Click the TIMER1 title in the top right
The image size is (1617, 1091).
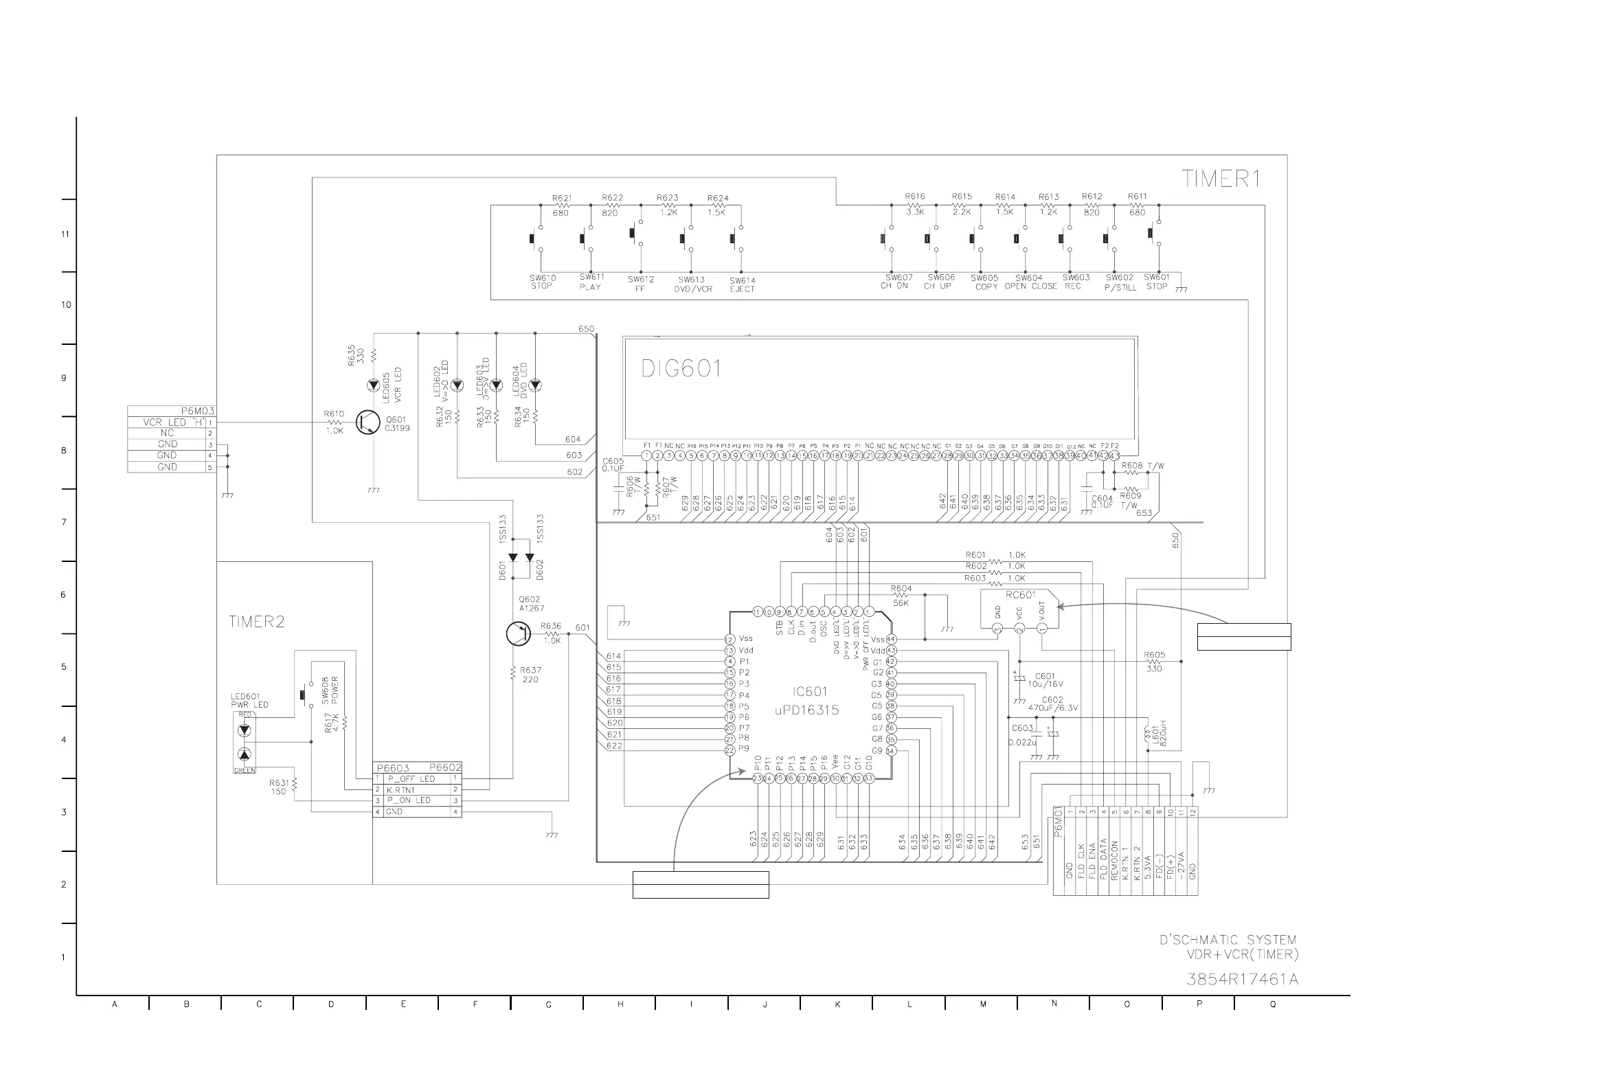(x=1221, y=179)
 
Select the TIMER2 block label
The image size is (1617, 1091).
(x=257, y=621)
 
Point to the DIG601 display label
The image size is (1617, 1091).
(x=681, y=368)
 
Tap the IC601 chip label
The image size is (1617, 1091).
(x=811, y=691)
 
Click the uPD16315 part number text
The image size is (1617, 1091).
(x=806, y=710)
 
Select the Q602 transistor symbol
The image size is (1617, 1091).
(x=518, y=634)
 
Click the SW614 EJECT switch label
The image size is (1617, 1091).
(x=742, y=284)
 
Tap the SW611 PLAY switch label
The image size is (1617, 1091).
(x=591, y=282)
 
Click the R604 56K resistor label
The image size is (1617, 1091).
(x=901, y=596)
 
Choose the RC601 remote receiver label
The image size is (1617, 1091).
(x=1020, y=595)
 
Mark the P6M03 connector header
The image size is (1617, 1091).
(x=198, y=412)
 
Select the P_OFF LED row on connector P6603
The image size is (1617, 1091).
(x=411, y=778)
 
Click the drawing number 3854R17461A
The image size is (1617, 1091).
(x=1242, y=979)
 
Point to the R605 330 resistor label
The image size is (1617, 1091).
(x=1154, y=662)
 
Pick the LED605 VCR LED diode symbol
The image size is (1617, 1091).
(x=374, y=384)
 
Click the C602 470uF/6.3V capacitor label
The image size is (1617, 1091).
(x=1052, y=704)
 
